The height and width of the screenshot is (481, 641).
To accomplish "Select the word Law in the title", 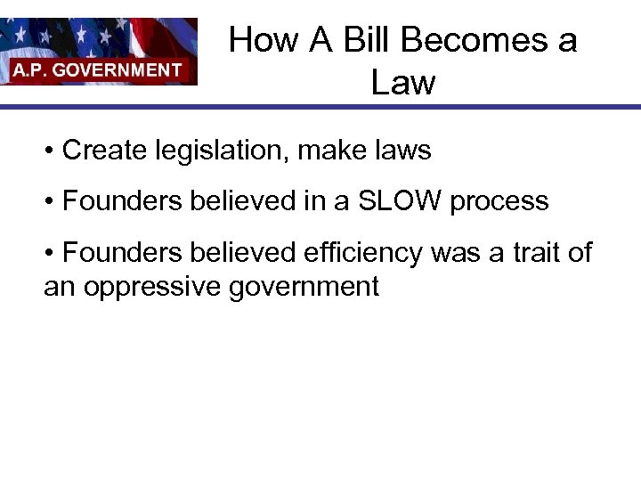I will click(x=402, y=83).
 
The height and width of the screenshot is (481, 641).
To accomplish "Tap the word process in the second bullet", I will click(x=499, y=202).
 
